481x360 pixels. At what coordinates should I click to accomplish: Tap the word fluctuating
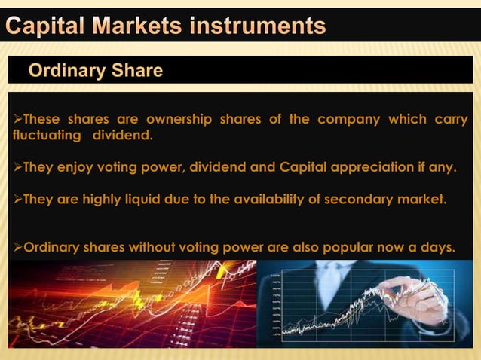(47, 136)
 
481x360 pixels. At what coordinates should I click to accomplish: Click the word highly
(93, 200)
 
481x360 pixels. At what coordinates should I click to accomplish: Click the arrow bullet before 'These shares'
(18, 120)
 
